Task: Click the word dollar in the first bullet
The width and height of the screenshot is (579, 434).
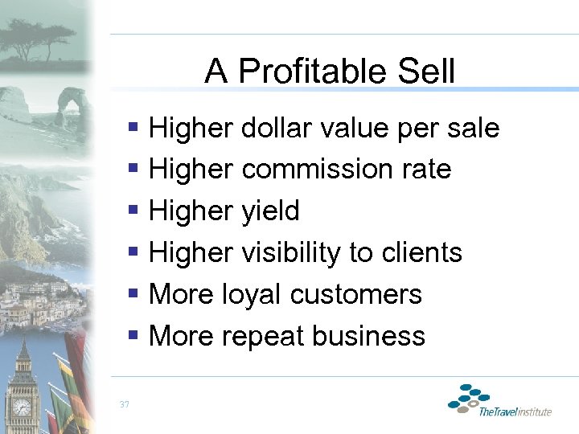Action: pyautogui.click(x=276, y=128)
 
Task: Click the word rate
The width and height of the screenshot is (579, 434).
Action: pyautogui.click(x=428, y=170)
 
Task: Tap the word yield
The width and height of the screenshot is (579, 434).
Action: pyautogui.click(x=270, y=211)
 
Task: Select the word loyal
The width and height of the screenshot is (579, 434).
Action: pyautogui.click(x=255, y=294)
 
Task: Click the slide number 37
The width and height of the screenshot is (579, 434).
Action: pyautogui.click(x=123, y=403)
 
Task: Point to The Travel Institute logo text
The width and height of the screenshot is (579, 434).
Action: pyautogui.click(x=515, y=412)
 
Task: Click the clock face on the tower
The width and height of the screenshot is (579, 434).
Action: pyautogui.click(x=22, y=407)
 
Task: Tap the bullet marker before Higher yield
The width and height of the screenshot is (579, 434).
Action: pyautogui.click(x=133, y=211)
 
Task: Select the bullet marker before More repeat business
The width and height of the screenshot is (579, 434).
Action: pyautogui.click(x=133, y=335)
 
